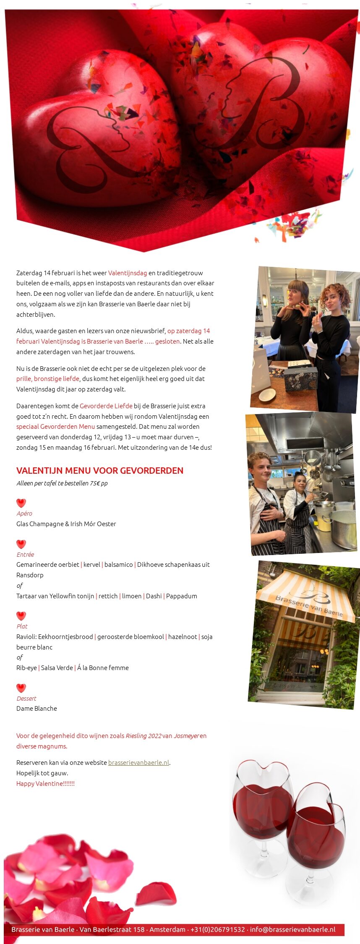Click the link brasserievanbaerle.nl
(x=138, y=762)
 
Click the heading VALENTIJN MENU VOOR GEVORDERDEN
(x=99, y=470)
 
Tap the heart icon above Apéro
(x=21, y=503)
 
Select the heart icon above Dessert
(x=21, y=688)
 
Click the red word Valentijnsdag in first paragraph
(x=128, y=273)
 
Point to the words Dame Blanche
(x=37, y=708)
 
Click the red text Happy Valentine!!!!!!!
(x=45, y=783)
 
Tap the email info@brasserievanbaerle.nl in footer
(x=292, y=929)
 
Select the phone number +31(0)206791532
(x=217, y=929)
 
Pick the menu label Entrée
(x=25, y=554)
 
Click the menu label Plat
(x=22, y=626)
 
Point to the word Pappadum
(x=181, y=596)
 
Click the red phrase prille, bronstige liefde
(x=47, y=378)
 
